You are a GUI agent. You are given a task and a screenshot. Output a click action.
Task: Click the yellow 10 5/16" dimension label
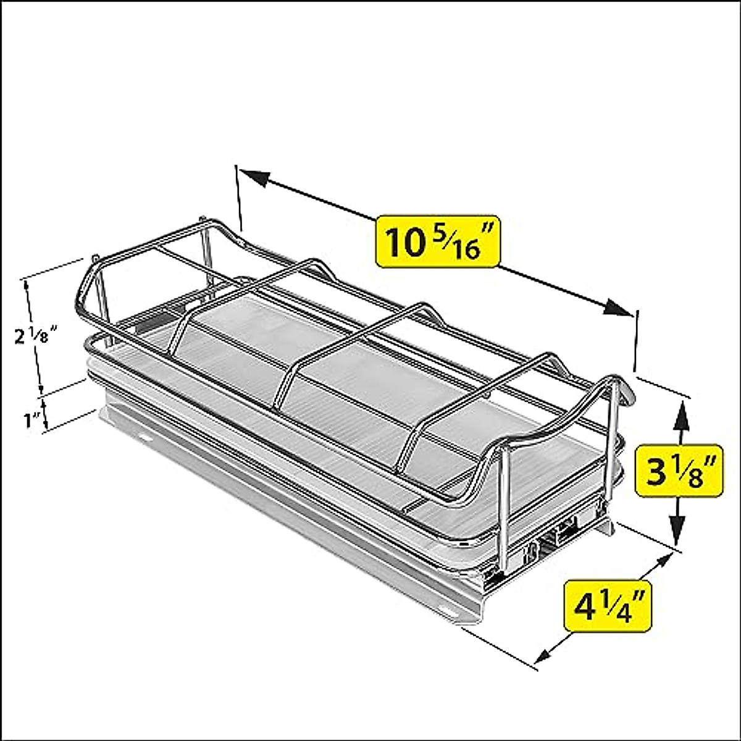point(437,240)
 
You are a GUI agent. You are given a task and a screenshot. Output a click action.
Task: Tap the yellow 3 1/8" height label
point(678,471)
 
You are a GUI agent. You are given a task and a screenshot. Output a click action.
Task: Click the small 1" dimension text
point(31,421)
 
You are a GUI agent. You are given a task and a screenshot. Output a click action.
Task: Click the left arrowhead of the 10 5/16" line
point(254,177)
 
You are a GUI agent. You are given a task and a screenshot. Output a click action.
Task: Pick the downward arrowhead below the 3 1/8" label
point(679,531)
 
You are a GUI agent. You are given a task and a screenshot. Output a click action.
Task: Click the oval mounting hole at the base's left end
point(145,437)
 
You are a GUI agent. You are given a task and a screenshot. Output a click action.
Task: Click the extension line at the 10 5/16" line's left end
point(239,198)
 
